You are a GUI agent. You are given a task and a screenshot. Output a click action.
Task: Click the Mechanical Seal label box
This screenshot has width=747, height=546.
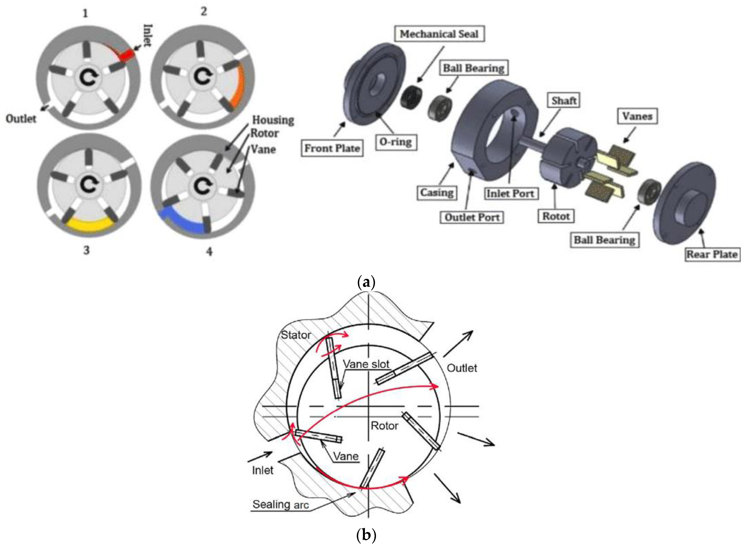pyautogui.click(x=439, y=34)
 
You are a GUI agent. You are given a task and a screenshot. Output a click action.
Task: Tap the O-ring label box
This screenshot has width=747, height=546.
pyautogui.click(x=396, y=142)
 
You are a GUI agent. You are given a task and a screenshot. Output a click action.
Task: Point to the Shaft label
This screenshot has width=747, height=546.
pyautogui.click(x=564, y=101)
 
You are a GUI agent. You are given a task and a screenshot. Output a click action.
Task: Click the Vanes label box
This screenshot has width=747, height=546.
pyautogui.click(x=637, y=116)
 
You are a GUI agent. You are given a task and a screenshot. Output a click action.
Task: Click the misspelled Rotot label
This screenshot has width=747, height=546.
pyautogui.click(x=556, y=216)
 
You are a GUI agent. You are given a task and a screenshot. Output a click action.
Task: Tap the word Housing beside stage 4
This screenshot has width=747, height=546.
pyautogui.click(x=273, y=120)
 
